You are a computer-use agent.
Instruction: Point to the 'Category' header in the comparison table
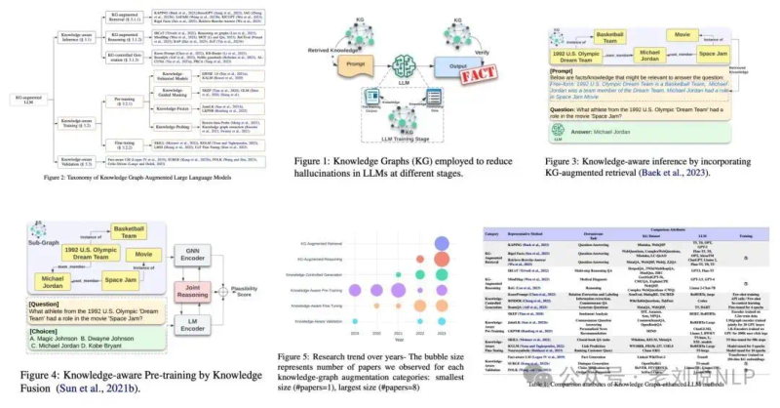point(495,234)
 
